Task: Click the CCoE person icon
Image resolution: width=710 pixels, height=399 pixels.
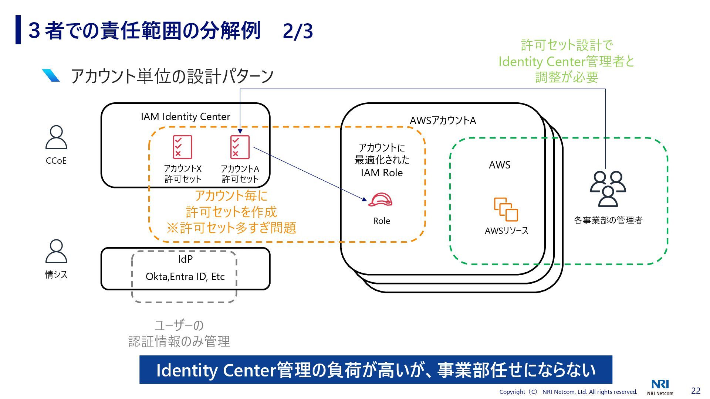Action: [56, 137]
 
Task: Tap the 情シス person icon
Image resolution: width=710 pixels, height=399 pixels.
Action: [56, 251]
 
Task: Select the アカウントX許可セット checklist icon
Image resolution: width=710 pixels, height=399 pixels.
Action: [183, 147]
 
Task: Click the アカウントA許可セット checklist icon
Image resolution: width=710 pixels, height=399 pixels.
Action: [240, 147]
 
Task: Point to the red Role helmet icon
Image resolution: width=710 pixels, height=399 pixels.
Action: [381, 200]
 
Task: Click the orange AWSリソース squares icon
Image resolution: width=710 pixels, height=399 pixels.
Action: [506, 209]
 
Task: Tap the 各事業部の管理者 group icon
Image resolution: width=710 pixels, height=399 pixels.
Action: [608, 189]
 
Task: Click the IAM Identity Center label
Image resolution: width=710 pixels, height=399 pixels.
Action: [185, 117]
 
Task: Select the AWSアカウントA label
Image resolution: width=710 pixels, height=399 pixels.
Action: [443, 120]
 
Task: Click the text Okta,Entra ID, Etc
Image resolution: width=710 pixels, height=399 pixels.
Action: [185, 276]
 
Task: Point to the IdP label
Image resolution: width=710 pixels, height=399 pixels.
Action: [185, 259]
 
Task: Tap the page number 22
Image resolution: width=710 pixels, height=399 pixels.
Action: [696, 391]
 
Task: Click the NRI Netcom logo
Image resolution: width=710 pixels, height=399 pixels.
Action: [660, 387]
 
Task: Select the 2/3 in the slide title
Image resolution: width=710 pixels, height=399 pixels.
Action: [298, 31]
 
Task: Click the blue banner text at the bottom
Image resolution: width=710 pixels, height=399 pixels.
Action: [376, 370]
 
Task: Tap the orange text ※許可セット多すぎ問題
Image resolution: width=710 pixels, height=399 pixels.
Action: [231, 228]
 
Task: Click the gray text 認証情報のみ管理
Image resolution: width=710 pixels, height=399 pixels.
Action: [179, 341]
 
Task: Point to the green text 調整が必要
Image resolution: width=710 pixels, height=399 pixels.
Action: [567, 77]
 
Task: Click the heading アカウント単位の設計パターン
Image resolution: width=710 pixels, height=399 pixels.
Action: [172, 76]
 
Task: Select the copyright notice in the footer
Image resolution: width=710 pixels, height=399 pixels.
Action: [568, 392]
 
